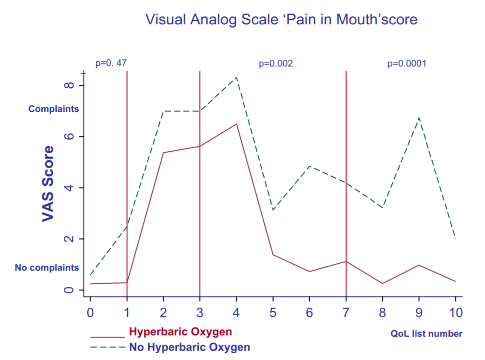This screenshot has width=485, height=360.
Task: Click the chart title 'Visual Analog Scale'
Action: click(281, 20)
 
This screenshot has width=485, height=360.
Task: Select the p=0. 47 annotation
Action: click(111, 63)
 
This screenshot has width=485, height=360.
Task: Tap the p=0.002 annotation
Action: click(276, 63)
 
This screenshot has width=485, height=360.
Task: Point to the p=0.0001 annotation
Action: click(407, 63)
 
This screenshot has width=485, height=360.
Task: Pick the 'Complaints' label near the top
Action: click(53, 109)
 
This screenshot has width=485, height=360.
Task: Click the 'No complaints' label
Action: click(47, 268)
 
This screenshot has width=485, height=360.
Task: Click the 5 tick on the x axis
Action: click(273, 312)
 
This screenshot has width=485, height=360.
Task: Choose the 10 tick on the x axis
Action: click(455, 312)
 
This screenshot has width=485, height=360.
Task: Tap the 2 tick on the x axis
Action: click(163, 312)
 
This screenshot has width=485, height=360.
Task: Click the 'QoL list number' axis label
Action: click(426, 334)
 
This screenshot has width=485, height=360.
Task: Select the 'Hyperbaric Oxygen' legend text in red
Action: click(180, 332)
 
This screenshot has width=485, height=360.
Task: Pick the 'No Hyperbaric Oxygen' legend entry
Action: click(189, 347)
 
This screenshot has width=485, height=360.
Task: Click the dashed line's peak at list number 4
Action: click(237, 77)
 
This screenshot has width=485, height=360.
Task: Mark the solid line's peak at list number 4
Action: click(237, 124)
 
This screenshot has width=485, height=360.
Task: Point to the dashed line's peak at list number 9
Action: click(419, 118)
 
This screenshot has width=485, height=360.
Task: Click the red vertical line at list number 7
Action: click(346, 187)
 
